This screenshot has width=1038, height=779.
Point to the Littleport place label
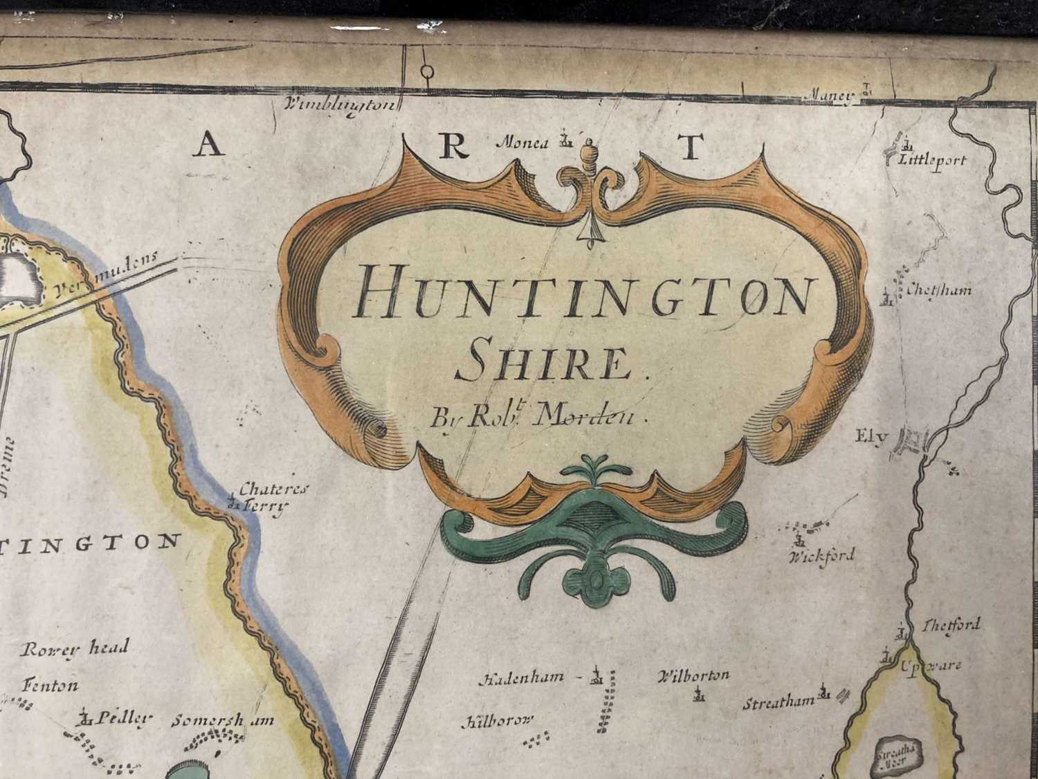931,161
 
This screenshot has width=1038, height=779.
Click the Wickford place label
822,555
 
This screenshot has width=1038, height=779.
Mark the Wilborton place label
693,675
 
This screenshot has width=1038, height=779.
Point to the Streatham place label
778,704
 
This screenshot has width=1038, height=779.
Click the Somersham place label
223,720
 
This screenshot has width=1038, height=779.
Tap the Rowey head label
75,649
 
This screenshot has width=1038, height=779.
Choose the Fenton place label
51,686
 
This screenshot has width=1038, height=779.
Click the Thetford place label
951,625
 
